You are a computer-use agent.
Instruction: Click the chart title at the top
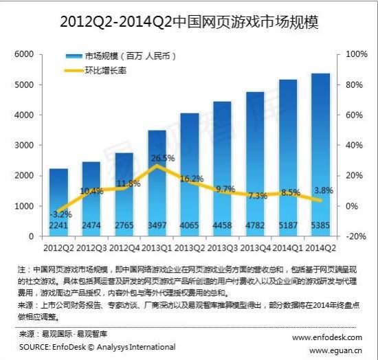point(189,22)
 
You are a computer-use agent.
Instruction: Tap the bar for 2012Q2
point(58,199)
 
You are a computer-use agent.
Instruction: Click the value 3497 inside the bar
point(157,225)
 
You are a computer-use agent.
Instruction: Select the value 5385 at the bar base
point(321,225)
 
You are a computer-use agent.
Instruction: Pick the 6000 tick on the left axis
point(24,54)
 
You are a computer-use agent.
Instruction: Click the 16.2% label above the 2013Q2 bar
point(191,178)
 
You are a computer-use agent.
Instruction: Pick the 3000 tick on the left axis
point(24,146)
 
